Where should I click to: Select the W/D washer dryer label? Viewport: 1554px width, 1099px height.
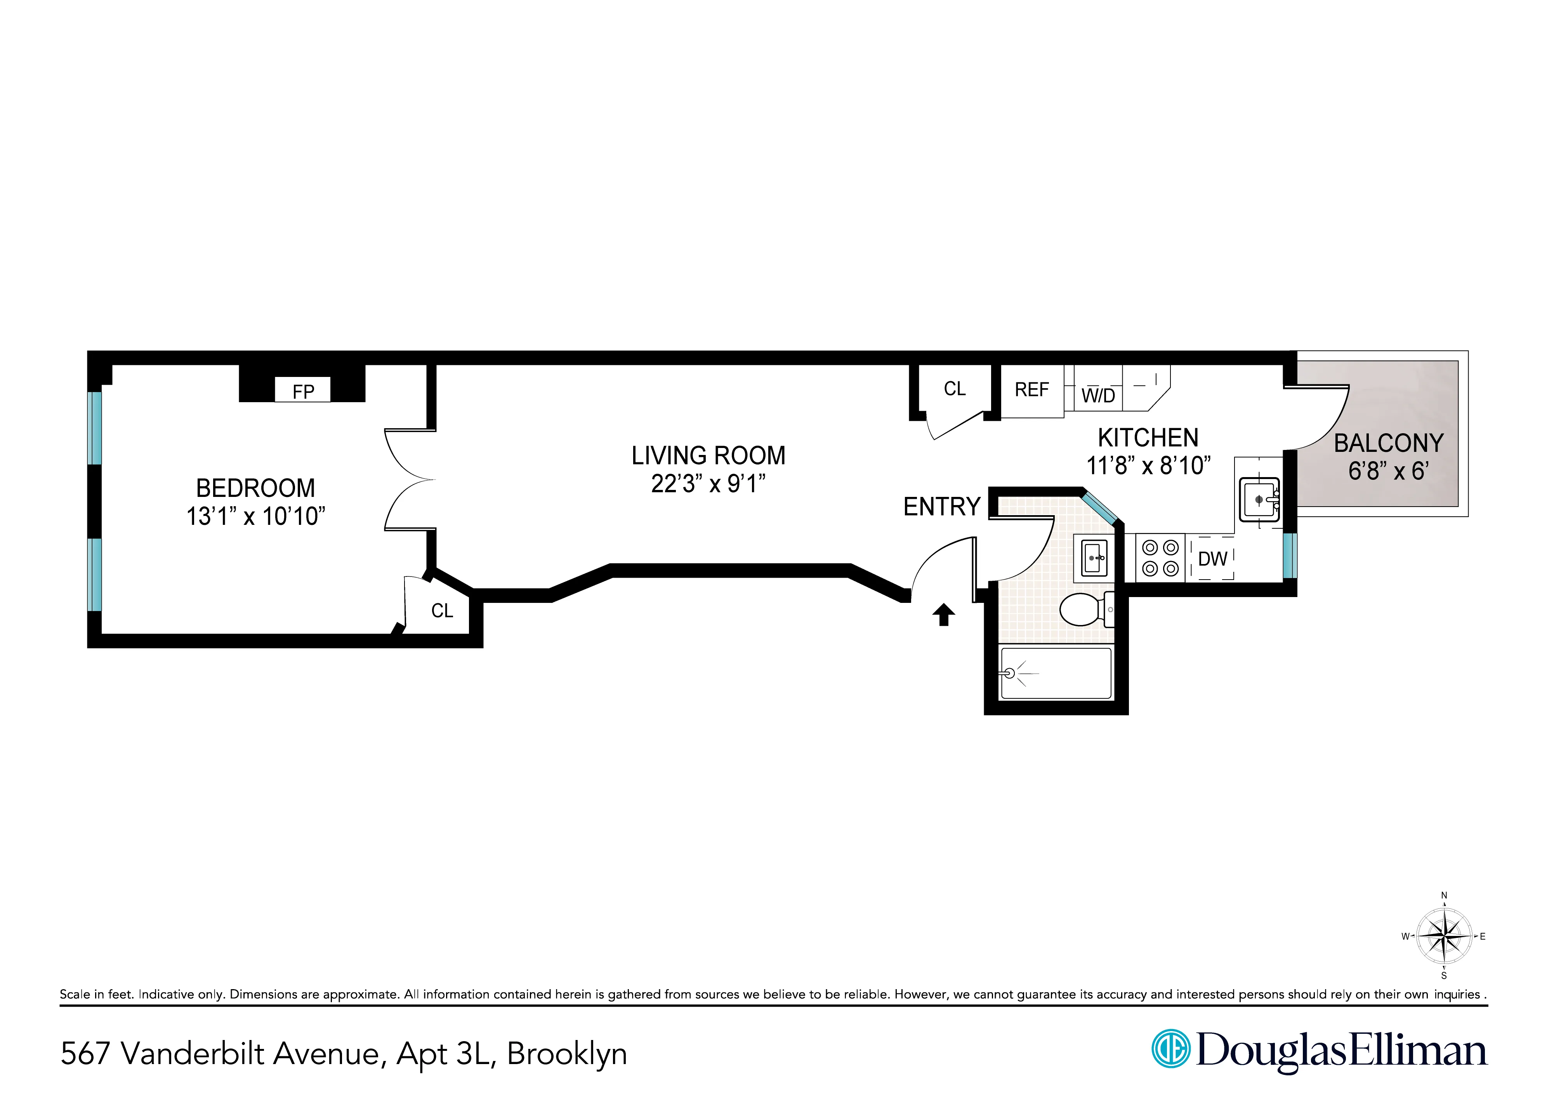coord(1098,396)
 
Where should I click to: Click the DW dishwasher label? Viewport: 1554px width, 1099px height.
coord(1212,559)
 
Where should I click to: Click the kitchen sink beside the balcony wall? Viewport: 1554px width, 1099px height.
coord(1259,500)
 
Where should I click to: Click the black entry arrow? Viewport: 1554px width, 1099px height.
coord(943,615)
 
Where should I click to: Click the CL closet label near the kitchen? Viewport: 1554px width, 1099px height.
coord(954,389)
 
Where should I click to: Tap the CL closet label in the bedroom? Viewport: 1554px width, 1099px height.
coord(442,611)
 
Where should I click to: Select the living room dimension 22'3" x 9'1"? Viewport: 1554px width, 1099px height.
coord(708,484)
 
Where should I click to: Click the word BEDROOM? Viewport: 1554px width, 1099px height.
coord(255,488)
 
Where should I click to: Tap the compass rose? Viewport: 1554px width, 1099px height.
coord(1444,937)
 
